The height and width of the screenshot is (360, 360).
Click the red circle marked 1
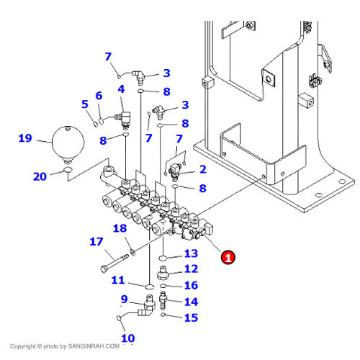point(228,256)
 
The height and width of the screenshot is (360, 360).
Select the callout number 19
point(25,138)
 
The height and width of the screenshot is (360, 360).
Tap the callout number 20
point(40,176)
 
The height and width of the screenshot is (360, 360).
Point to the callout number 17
point(96,243)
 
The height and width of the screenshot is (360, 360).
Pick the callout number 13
point(190,253)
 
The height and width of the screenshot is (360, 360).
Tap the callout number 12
point(190,269)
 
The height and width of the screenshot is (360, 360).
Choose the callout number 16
point(190,285)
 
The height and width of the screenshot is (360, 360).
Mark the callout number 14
point(190,302)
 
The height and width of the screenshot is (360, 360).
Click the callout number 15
point(190,317)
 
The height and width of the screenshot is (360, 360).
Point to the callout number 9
point(124,300)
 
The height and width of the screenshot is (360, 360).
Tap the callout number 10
point(127,338)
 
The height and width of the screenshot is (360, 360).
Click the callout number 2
point(202,169)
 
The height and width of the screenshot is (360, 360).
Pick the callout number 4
point(121,89)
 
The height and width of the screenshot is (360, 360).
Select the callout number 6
point(99,96)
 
